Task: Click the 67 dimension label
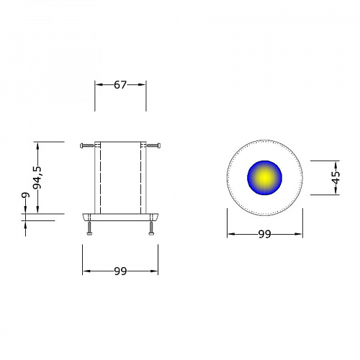point(120,85)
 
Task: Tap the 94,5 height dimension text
point(37,177)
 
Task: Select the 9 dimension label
point(25,195)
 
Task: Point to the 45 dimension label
point(336,177)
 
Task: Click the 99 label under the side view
point(120,271)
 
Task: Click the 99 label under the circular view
point(265,234)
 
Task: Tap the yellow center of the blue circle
point(264,178)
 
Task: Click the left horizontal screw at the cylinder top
point(87,145)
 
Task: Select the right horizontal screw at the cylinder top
point(153,145)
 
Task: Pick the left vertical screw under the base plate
point(89,228)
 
